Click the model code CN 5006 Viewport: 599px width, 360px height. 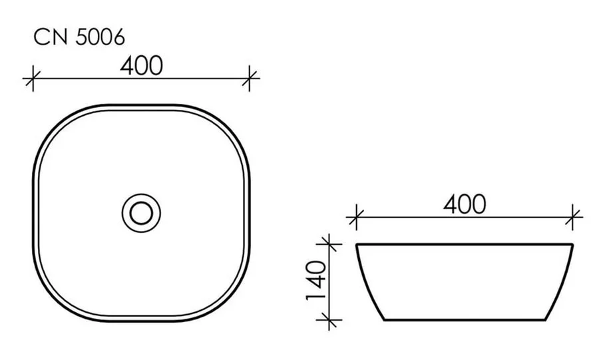click(x=79, y=38)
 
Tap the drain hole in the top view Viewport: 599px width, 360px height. click(x=141, y=212)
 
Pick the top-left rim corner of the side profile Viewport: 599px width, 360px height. click(x=357, y=245)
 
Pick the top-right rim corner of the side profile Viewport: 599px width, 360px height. click(x=572, y=245)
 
